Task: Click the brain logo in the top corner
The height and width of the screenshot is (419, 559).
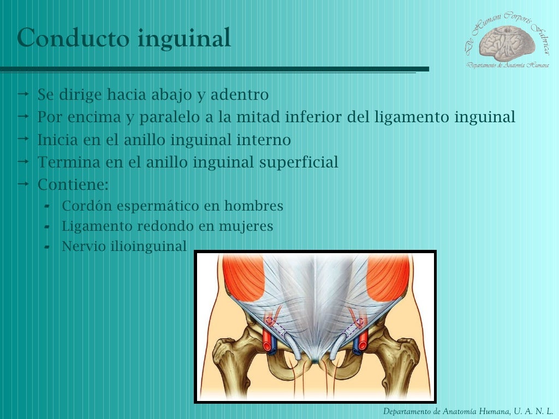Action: (x=504, y=40)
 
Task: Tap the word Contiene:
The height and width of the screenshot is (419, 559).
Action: (x=73, y=184)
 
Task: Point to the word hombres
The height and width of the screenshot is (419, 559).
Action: (x=257, y=206)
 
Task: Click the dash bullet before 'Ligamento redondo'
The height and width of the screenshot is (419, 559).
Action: (x=47, y=226)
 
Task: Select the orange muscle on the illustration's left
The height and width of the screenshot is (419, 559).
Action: (x=243, y=277)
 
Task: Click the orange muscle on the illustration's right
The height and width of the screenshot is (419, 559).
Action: (x=388, y=277)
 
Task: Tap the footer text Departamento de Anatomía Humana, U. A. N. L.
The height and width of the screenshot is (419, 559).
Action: (x=468, y=411)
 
